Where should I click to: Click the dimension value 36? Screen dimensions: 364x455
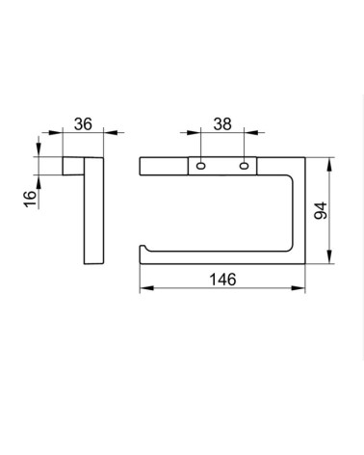pyautogui.click(x=83, y=124)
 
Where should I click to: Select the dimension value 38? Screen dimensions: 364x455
pyautogui.click(x=222, y=124)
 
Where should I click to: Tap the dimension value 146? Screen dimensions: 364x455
pyautogui.click(x=222, y=280)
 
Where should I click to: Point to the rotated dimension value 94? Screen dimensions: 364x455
pyautogui.click(x=321, y=211)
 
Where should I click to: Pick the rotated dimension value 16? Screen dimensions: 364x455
pyautogui.click(x=31, y=199)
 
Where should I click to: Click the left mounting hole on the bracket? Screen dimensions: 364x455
pyautogui.click(x=201, y=166)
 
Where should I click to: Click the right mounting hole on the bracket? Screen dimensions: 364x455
pyautogui.click(x=244, y=166)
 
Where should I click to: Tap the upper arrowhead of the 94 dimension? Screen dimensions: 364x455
pyautogui.click(x=329, y=165)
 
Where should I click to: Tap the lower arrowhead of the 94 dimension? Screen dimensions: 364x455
pyautogui.click(x=329, y=256)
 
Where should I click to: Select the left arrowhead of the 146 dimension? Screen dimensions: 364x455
pyautogui.click(x=147, y=288)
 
